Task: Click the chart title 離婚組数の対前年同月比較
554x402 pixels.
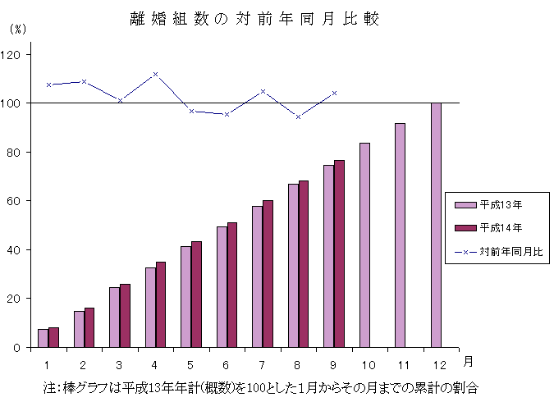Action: (x=254, y=18)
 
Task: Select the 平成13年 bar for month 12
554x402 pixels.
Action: (x=436, y=225)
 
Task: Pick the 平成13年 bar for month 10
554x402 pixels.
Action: (x=364, y=244)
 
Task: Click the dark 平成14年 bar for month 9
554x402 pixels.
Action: (x=339, y=254)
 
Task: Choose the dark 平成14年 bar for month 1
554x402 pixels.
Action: (x=53, y=337)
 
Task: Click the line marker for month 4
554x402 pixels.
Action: (x=155, y=75)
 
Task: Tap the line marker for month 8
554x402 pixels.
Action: (x=298, y=116)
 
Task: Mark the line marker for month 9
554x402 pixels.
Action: (x=334, y=93)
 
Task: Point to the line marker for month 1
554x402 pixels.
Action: (x=48, y=85)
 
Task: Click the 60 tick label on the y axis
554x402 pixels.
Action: (x=18, y=201)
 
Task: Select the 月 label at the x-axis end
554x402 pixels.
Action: (x=467, y=361)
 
